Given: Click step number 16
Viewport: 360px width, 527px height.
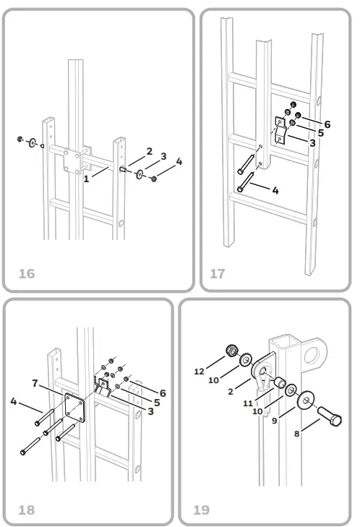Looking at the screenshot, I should (26, 274).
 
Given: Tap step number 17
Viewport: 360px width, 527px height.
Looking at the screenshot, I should (218, 274).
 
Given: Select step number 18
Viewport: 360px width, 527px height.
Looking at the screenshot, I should (26, 510).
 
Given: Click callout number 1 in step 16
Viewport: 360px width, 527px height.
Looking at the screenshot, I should (86, 176).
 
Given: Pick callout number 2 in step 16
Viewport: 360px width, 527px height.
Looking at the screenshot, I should (149, 151).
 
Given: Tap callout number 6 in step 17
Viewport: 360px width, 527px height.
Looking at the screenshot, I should (327, 124).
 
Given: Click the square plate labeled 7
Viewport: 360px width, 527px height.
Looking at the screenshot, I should (77, 409).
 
